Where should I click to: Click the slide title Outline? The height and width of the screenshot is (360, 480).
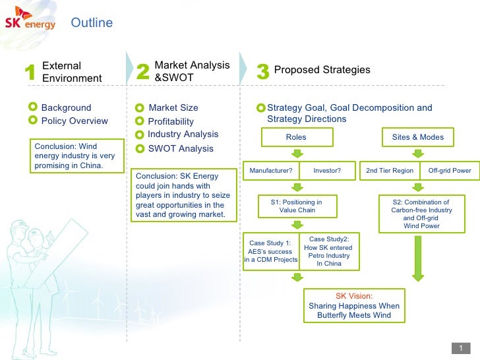pyautogui.click(x=92, y=23)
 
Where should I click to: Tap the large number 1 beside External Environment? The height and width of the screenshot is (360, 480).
pyautogui.click(x=28, y=73)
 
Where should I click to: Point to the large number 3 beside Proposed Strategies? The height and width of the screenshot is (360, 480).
pyautogui.click(x=262, y=73)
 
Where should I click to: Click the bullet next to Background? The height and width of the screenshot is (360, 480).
pyautogui.click(x=34, y=107)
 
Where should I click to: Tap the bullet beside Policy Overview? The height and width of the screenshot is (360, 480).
pyautogui.click(x=34, y=120)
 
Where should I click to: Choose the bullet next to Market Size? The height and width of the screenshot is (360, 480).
pyautogui.click(x=139, y=108)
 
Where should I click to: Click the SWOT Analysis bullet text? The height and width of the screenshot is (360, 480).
pyautogui.click(x=181, y=149)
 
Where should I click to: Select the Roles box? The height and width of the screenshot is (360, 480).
pyautogui.click(x=296, y=137)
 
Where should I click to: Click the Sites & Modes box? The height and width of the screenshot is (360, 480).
pyautogui.click(x=418, y=137)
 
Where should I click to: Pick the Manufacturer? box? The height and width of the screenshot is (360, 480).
pyautogui.click(x=271, y=170)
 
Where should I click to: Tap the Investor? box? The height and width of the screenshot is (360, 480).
pyautogui.click(x=327, y=170)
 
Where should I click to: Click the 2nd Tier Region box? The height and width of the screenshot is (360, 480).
pyautogui.click(x=390, y=170)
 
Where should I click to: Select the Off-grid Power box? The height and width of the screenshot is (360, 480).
pyautogui.click(x=450, y=170)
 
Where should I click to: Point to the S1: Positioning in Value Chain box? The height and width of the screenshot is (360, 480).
pyautogui.click(x=297, y=206)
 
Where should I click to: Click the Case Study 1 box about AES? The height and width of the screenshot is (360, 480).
pyautogui.click(x=272, y=251)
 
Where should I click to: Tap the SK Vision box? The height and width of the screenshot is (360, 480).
pyautogui.click(x=354, y=305)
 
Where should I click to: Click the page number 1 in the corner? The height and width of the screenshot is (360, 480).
pyautogui.click(x=461, y=348)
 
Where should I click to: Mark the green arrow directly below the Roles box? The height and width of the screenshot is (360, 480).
pyautogui.click(x=297, y=154)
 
